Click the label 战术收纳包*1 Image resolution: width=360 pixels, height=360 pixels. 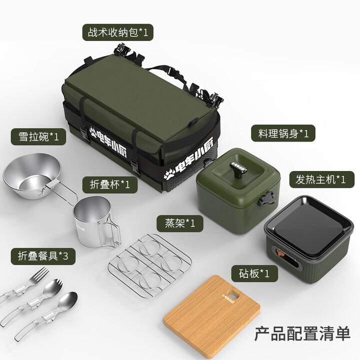tap(117, 33)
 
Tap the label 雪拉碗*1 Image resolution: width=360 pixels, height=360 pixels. tap(38, 136)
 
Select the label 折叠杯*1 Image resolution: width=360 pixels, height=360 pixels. tap(106, 184)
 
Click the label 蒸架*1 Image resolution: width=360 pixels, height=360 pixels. tap(179, 222)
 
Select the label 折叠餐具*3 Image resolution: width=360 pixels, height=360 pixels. tap(42, 256)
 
